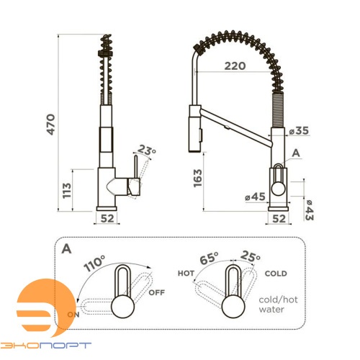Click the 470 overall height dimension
(51, 124)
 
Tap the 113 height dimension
(67, 191)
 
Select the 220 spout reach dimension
(235, 66)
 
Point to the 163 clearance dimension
(197, 178)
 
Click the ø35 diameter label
(299, 130)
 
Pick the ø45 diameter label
(255, 197)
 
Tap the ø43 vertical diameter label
(309, 210)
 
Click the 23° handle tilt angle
(147, 150)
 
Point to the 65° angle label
(209, 258)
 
